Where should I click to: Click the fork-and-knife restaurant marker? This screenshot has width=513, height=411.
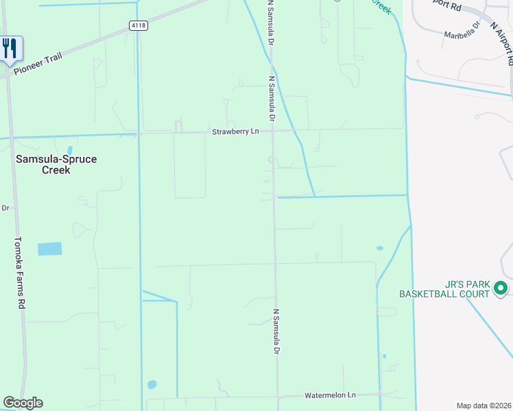click(x=10, y=48)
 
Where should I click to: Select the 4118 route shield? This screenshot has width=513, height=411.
click(x=138, y=25)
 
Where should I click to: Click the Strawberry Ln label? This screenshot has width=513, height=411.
click(x=235, y=132)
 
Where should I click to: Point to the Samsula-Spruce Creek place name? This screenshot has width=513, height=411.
click(x=56, y=164)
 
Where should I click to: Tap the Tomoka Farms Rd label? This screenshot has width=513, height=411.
click(x=21, y=272)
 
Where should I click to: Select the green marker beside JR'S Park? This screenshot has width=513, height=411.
click(x=501, y=288)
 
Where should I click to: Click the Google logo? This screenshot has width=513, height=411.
click(x=23, y=403)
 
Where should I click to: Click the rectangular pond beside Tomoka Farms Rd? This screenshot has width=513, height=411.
click(x=49, y=249)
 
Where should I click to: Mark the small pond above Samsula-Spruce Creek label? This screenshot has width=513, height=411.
click(x=70, y=149)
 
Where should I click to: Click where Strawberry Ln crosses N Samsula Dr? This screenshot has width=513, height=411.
click(x=273, y=130)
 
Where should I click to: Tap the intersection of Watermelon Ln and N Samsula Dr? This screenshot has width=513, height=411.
click(x=278, y=397)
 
